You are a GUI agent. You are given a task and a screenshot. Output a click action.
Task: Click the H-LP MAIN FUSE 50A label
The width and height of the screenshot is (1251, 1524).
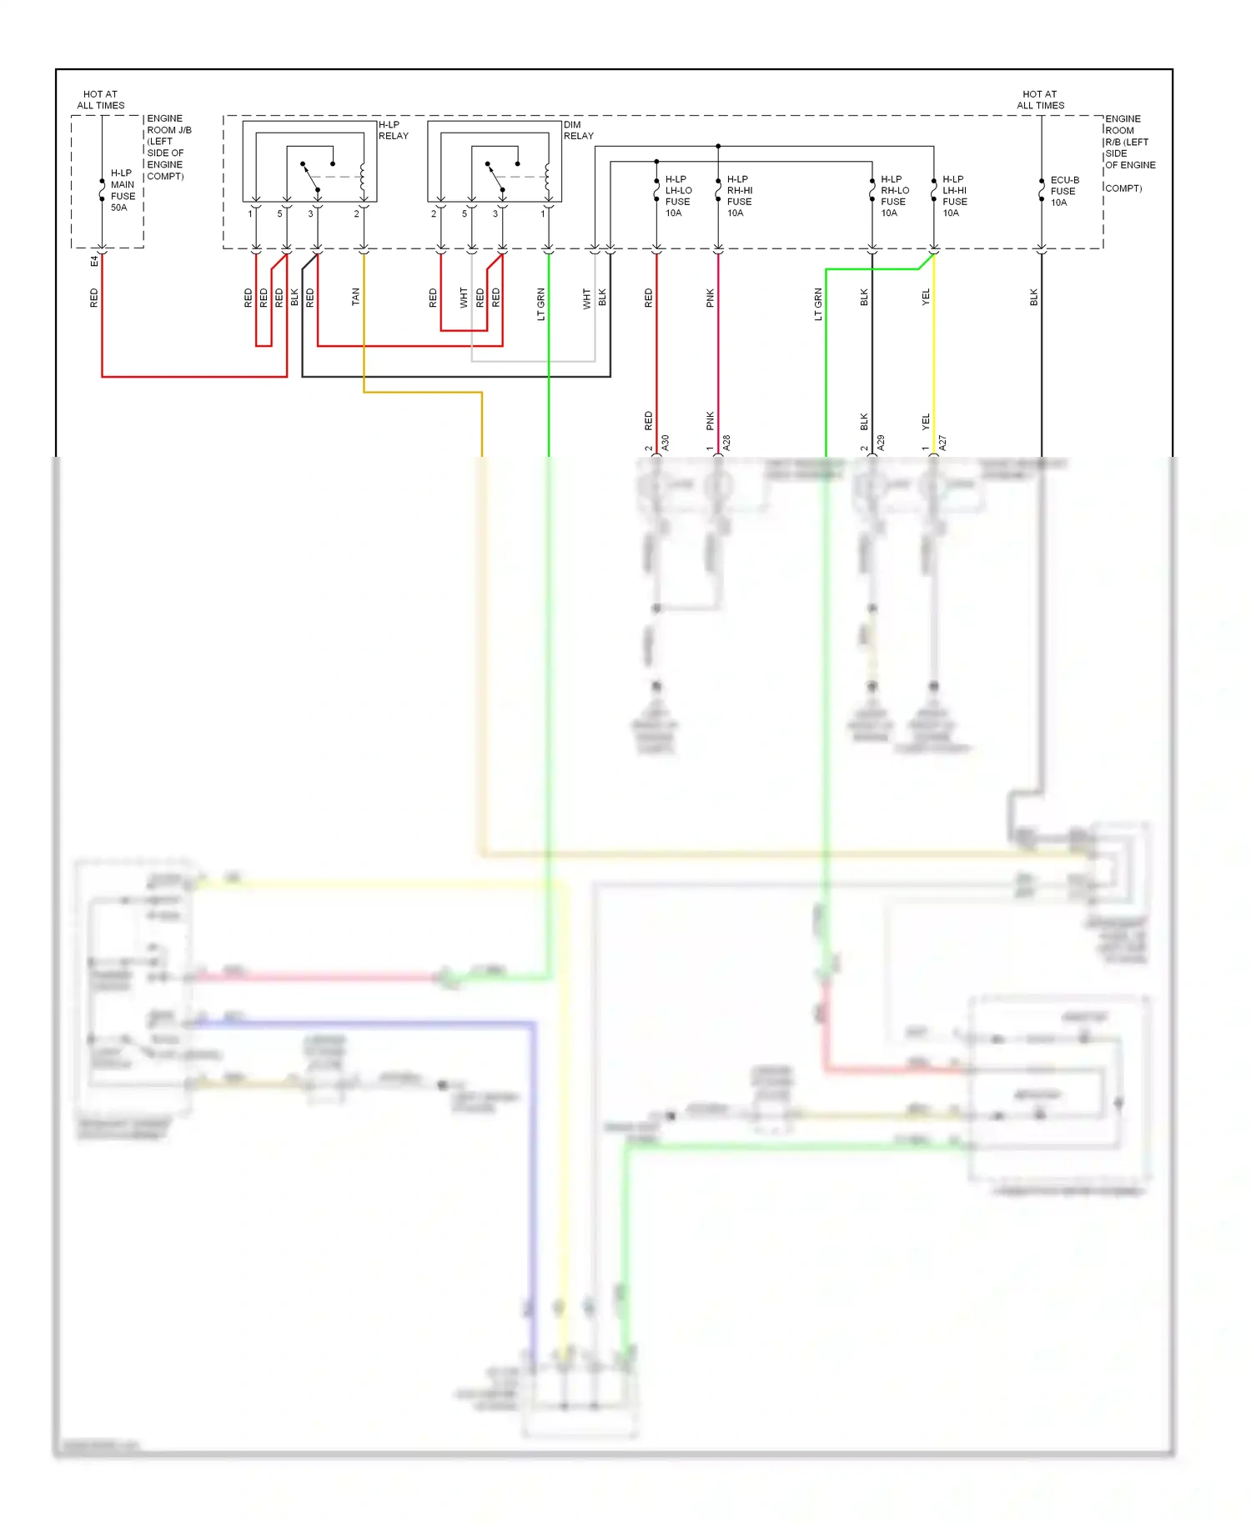[x=123, y=190]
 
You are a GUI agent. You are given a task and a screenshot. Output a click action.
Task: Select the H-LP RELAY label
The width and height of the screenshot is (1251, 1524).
[x=393, y=130]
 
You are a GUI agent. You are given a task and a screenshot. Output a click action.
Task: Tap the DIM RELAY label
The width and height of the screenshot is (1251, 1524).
[x=578, y=130]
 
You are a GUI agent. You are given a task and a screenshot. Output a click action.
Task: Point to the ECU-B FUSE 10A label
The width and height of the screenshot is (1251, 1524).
[x=1064, y=191]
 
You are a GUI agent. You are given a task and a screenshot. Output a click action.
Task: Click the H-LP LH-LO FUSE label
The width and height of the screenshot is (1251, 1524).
[x=678, y=196]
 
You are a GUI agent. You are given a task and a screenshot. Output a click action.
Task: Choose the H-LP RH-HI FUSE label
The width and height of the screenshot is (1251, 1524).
[x=739, y=196]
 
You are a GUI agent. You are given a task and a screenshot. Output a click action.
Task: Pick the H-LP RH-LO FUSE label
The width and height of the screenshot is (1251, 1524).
[x=894, y=196]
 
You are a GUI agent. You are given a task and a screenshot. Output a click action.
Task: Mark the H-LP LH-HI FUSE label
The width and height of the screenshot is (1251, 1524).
[x=955, y=196]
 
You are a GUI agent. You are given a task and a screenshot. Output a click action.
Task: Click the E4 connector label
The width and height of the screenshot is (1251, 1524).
[x=94, y=261]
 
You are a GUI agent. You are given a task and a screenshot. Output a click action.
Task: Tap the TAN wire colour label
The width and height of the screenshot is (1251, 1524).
[x=355, y=297]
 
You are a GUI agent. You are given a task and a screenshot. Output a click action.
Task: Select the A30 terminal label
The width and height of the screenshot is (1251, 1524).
[x=666, y=443]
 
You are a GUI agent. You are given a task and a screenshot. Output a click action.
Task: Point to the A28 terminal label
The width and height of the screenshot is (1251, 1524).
[x=726, y=443]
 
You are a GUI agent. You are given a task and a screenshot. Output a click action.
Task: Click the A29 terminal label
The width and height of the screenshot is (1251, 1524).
[x=881, y=443]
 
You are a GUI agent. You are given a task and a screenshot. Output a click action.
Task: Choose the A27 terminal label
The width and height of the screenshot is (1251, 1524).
[x=942, y=443]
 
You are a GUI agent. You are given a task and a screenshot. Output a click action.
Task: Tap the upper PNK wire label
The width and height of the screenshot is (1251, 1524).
[x=711, y=298]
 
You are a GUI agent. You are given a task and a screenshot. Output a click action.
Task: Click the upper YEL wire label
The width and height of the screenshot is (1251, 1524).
[x=926, y=298]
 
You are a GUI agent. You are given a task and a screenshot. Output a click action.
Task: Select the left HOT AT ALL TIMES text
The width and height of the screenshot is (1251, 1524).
[x=101, y=100]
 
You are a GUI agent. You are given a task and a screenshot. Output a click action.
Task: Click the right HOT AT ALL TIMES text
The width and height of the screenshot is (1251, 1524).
[x=1040, y=100]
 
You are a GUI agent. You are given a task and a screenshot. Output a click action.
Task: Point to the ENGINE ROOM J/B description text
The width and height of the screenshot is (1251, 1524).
[x=168, y=148]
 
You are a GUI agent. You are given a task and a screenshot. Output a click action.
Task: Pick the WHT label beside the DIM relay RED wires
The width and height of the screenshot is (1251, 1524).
[x=464, y=298]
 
